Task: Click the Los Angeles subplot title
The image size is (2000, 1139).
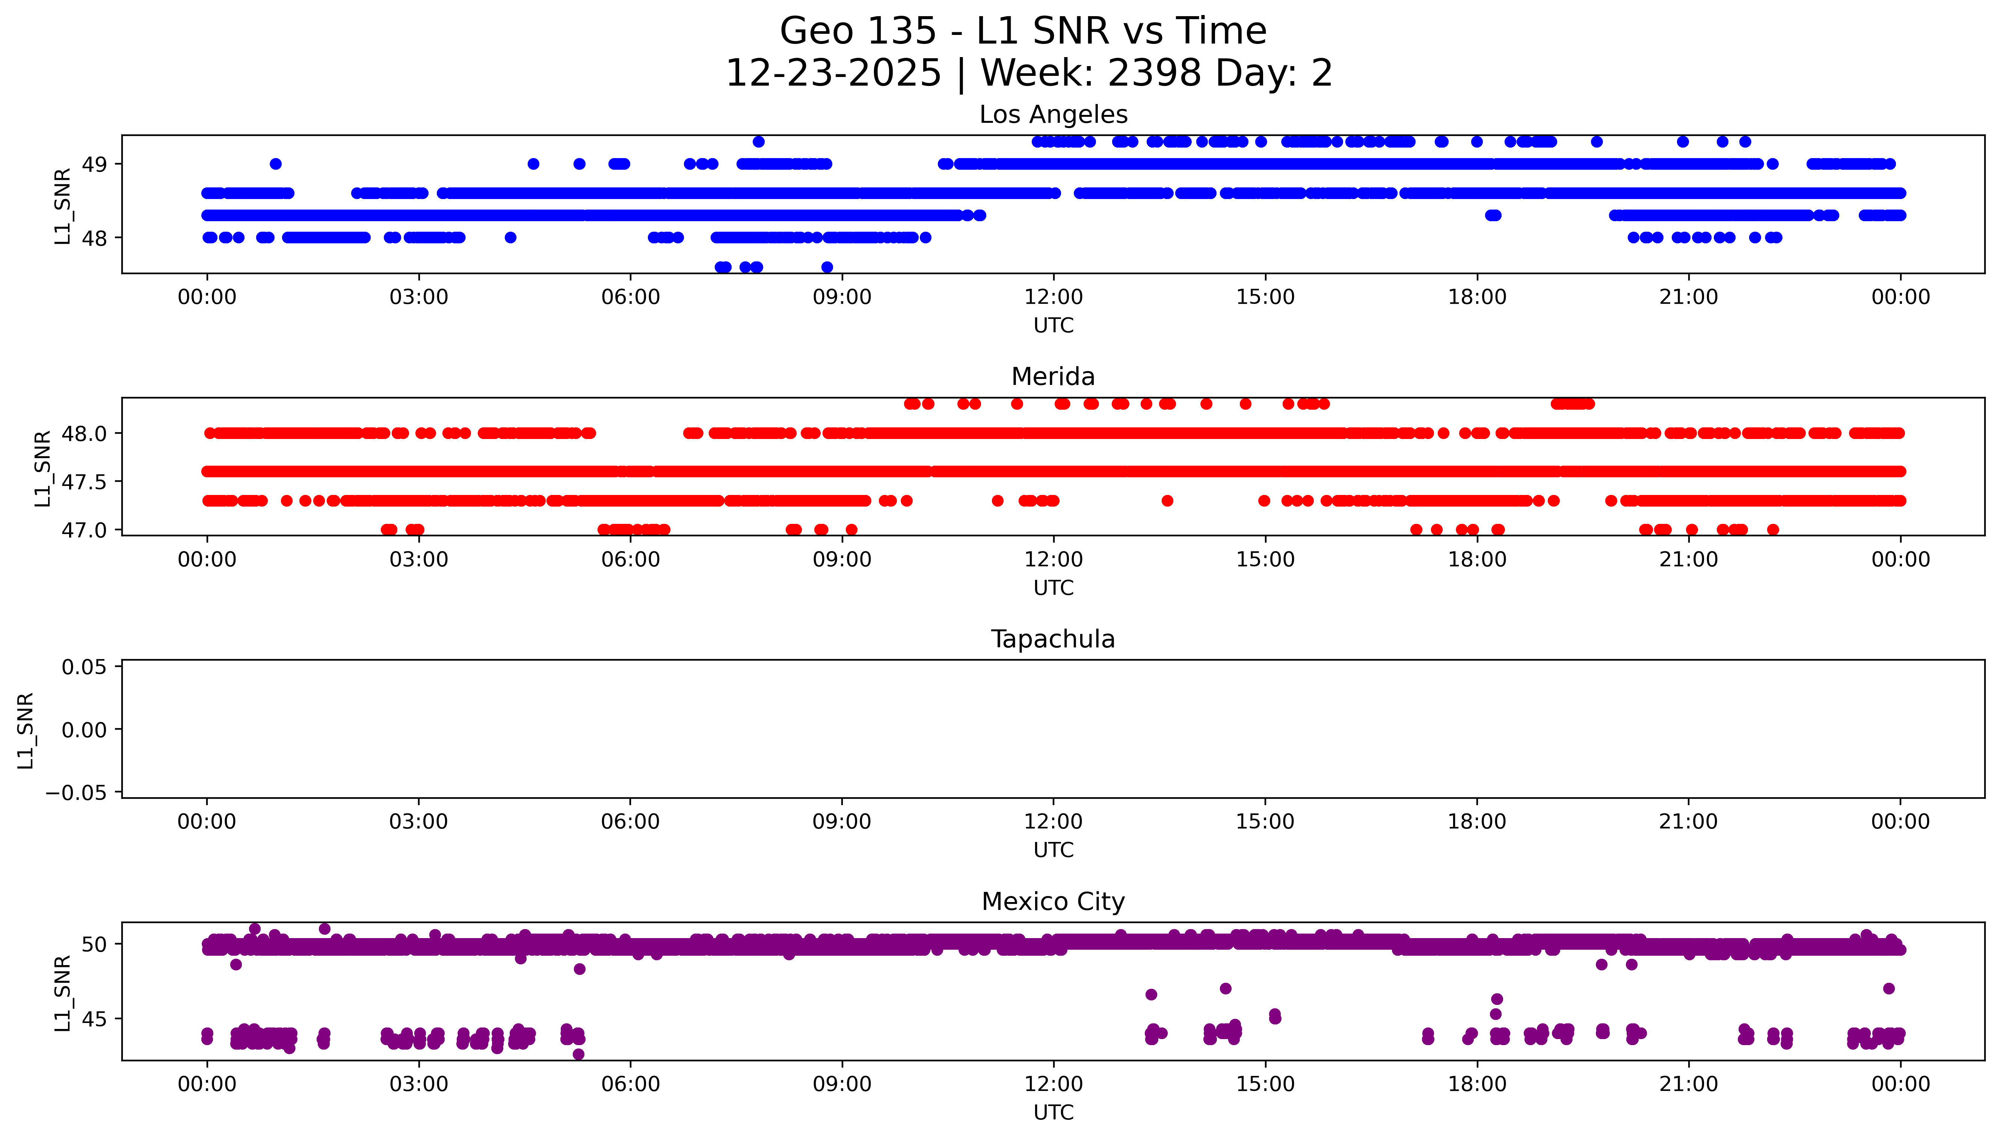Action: click(x=1053, y=115)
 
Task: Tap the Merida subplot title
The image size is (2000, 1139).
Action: click(x=1053, y=377)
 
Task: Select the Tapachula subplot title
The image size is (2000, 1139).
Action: click(x=1053, y=639)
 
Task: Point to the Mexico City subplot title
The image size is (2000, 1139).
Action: click(x=1053, y=902)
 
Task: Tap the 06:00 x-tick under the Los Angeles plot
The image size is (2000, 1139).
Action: click(x=631, y=297)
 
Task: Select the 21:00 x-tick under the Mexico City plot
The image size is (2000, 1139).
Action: click(x=1689, y=1084)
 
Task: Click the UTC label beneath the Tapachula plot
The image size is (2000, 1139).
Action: click(x=1053, y=850)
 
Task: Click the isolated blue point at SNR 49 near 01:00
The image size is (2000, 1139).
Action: click(x=275, y=164)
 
